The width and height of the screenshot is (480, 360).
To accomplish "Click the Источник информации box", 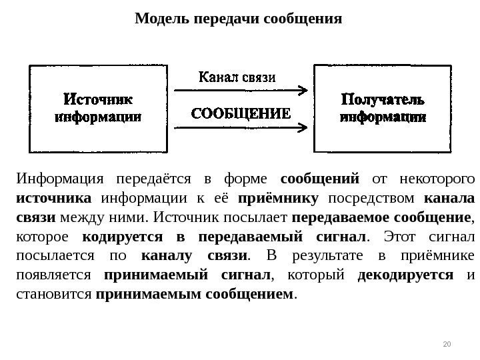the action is tap(97, 108).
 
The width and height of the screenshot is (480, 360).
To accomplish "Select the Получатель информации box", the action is tap(382, 108).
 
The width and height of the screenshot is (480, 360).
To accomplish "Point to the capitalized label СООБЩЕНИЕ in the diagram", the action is tap(241, 113).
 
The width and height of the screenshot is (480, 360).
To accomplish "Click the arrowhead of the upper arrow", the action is tap(303, 89).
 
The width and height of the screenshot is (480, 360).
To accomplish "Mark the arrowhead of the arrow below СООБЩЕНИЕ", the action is tap(303, 126).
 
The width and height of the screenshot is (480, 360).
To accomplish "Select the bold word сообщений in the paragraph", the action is tap(320, 179).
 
